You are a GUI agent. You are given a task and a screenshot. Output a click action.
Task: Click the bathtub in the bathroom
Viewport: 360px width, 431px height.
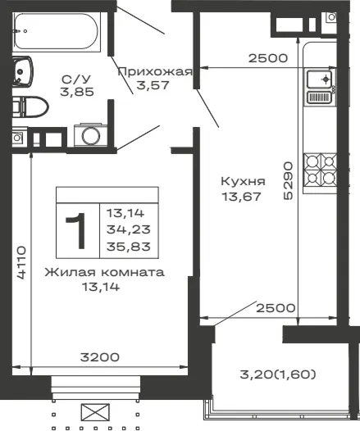[x=56, y=31]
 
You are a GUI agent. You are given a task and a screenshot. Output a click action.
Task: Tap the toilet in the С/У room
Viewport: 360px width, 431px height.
[x=30, y=107]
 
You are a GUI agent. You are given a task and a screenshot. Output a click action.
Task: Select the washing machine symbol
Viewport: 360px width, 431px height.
[x=91, y=135]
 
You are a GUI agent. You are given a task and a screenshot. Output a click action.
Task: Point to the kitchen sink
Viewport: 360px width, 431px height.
[x=320, y=86]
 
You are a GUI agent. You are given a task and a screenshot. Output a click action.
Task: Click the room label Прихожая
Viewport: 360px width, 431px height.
[x=155, y=72]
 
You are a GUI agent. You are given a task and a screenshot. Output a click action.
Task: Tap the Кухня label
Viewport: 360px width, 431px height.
[x=243, y=182]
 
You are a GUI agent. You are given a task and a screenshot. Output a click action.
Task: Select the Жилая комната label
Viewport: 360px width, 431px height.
[x=104, y=272]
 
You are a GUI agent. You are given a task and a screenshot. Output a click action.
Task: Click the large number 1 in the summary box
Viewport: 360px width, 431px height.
[x=76, y=231]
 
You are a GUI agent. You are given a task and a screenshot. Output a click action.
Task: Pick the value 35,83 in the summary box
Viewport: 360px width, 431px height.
[x=129, y=247]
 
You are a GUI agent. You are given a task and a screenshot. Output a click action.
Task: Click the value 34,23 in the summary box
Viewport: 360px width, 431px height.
[x=129, y=229]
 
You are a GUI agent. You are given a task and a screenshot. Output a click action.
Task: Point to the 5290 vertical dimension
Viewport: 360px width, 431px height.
[x=288, y=180]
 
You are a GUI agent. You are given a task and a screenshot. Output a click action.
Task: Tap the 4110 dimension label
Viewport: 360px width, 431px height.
[x=21, y=262]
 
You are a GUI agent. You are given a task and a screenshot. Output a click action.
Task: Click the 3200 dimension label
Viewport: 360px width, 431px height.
[x=100, y=357]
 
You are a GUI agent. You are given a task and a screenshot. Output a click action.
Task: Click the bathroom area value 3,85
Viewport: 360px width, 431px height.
[x=77, y=92]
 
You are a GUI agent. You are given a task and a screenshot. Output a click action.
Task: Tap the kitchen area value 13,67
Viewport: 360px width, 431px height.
[x=241, y=197]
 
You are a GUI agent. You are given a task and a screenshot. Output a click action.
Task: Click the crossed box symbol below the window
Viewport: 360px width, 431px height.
[x=95, y=412]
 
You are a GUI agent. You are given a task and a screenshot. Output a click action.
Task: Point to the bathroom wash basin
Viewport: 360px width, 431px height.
[x=22, y=72]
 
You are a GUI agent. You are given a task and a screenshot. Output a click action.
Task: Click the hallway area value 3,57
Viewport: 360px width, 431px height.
[x=153, y=85]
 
